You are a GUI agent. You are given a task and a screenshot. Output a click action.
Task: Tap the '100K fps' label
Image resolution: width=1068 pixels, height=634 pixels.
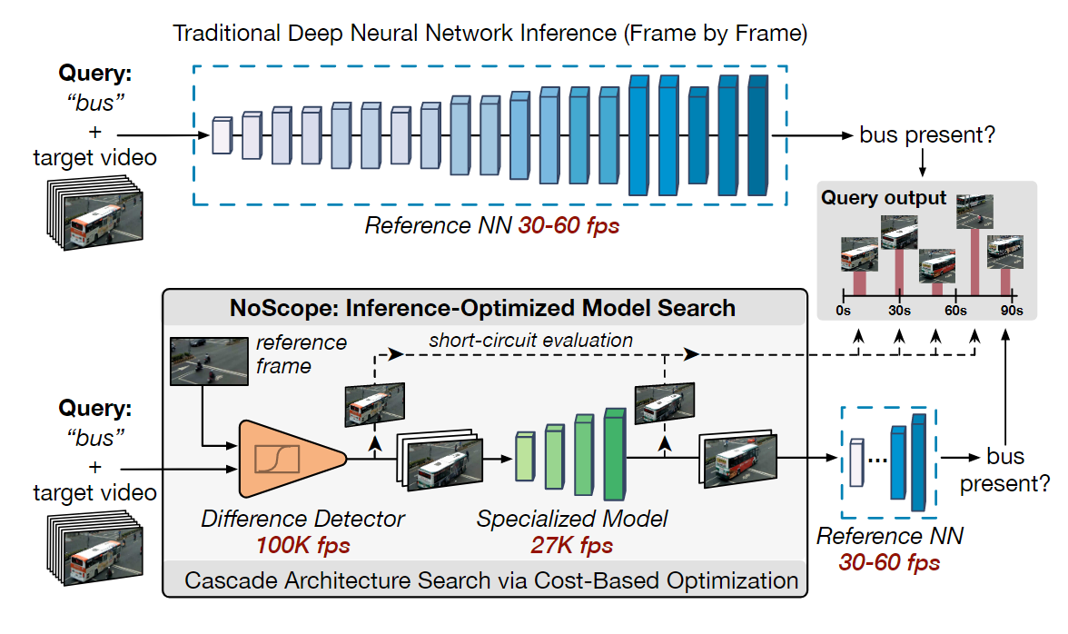pyautogui.click(x=302, y=546)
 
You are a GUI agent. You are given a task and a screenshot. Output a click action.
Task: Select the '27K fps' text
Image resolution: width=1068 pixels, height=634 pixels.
pyautogui.click(x=571, y=546)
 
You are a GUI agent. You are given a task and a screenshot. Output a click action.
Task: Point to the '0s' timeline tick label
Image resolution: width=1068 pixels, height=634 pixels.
pyautogui.click(x=843, y=311)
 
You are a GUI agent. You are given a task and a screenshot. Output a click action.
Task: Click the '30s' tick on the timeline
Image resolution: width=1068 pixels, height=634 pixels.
pyautogui.click(x=900, y=311)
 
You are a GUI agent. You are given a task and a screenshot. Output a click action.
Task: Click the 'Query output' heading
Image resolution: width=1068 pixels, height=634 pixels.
pyautogui.click(x=884, y=198)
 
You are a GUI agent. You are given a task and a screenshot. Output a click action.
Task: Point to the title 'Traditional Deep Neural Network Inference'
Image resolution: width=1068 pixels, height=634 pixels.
pyautogui.click(x=490, y=35)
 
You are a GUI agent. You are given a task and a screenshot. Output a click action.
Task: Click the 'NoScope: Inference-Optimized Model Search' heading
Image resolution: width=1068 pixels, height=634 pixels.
pyautogui.click(x=482, y=307)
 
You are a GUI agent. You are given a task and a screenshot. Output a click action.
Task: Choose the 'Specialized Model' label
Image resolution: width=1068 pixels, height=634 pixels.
pyautogui.click(x=572, y=520)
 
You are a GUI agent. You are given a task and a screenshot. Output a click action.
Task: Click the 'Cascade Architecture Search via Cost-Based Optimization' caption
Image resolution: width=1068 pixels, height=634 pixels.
pyautogui.click(x=491, y=580)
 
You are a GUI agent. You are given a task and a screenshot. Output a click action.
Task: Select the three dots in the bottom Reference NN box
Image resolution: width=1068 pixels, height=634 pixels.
pyautogui.click(x=876, y=460)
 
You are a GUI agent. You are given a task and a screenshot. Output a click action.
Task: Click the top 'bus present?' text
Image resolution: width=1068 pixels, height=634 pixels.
pyautogui.click(x=928, y=136)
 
